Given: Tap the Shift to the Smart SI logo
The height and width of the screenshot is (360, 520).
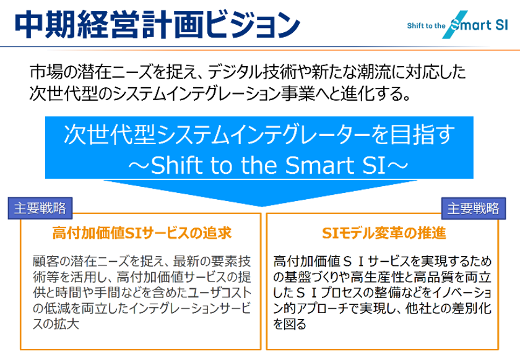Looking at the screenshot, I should pos(456,25).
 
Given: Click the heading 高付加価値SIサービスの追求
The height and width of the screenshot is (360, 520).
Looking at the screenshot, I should pos(142,234).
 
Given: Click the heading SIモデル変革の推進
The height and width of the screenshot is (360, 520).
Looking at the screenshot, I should pos(384,234).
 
